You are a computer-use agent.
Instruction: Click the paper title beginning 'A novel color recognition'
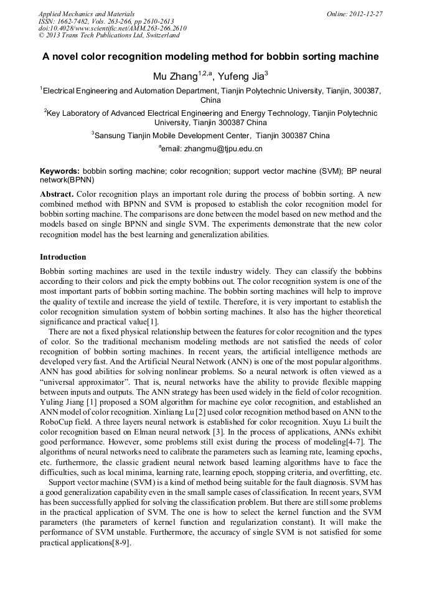click(210, 57)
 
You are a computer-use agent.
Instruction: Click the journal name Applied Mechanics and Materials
click(86, 13)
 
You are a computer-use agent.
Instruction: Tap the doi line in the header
click(112, 28)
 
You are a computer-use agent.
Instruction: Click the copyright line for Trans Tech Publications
click(109, 35)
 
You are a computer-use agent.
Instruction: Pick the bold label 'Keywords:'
click(60, 171)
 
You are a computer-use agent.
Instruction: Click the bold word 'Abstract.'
click(57, 194)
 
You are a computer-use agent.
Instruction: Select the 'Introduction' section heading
click(63, 257)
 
